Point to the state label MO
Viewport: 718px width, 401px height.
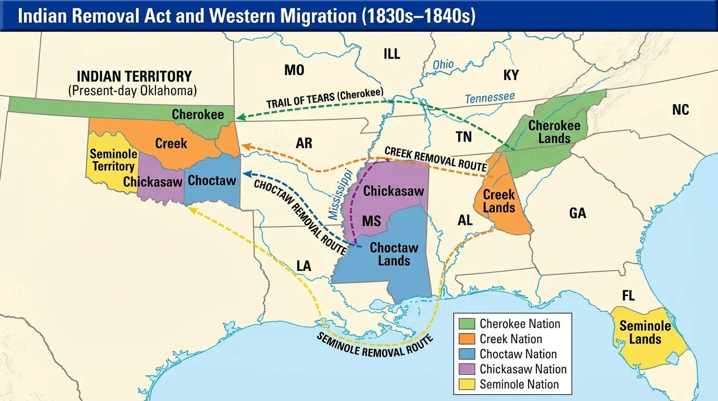tap(294, 70)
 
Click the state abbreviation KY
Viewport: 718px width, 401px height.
tap(511, 75)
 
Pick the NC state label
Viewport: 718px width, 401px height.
tap(680, 110)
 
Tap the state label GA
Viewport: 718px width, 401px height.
tap(578, 213)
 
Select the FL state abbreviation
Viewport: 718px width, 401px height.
tap(628, 296)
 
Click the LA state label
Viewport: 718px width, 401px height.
tap(304, 266)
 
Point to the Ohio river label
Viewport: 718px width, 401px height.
tap(443, 65)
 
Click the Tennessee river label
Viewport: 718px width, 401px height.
tap(489, 97)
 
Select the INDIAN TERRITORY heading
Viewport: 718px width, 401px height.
tap(134, 76)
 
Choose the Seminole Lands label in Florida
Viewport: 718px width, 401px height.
tap(645, 333)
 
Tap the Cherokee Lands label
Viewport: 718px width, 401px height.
tap(554, 132)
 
